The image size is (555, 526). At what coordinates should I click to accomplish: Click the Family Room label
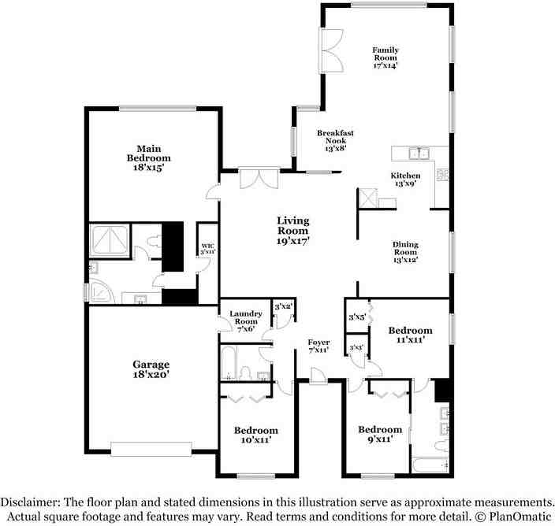[386, 57]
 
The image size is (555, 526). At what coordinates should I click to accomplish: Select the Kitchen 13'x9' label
[405, 179]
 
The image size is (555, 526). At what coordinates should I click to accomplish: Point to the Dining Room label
[405, 251]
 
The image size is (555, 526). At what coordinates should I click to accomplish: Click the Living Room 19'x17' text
[292, 231]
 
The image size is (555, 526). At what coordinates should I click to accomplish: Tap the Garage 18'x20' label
[151, 369]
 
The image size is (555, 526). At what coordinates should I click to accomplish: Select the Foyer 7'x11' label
[318, 345]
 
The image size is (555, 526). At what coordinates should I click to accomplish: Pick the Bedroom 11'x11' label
[410, 335]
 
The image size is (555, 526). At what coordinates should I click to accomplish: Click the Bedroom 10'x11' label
[255, 435]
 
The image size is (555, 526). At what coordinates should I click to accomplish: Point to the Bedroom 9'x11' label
[380, 434]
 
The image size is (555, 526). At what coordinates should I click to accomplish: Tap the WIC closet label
[207, 248]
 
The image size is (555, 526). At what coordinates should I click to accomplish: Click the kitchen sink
[419, 154]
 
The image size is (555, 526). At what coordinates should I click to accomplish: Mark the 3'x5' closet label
[357, 317]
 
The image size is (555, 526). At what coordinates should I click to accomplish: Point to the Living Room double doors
[259, 178]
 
